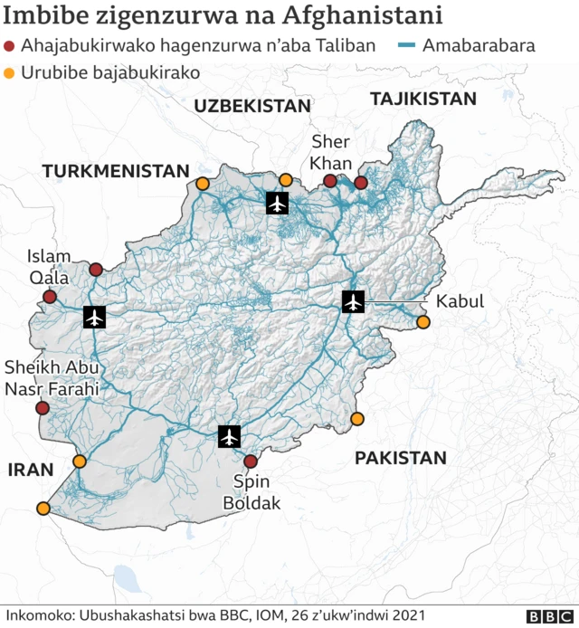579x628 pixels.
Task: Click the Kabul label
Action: (x=460, y=301)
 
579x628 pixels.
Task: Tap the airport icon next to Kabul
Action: (x=353, y=301)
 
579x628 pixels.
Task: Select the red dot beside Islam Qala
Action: (x=50, y=297)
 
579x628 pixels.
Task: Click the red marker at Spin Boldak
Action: (x=251, y=461)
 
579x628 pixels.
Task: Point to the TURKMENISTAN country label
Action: (x=115, y=170)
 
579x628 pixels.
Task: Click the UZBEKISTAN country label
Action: (x=252, y=106)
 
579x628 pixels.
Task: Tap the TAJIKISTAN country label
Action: (x=423, y=99)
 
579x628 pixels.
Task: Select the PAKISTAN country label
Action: (x=400, y=458)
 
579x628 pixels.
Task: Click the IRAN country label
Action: (x=31, y=469)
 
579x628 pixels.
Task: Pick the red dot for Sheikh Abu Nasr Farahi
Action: (x=42, y=408)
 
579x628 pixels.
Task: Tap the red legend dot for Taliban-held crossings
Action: (x=10, y=46)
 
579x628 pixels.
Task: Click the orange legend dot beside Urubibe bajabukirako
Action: (x=10, y=72)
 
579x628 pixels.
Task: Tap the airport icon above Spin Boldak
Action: (x=230, y=436)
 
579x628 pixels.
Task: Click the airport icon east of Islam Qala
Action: (x=94, y=317)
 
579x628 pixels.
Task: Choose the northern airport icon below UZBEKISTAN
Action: (x=277, y=203)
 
